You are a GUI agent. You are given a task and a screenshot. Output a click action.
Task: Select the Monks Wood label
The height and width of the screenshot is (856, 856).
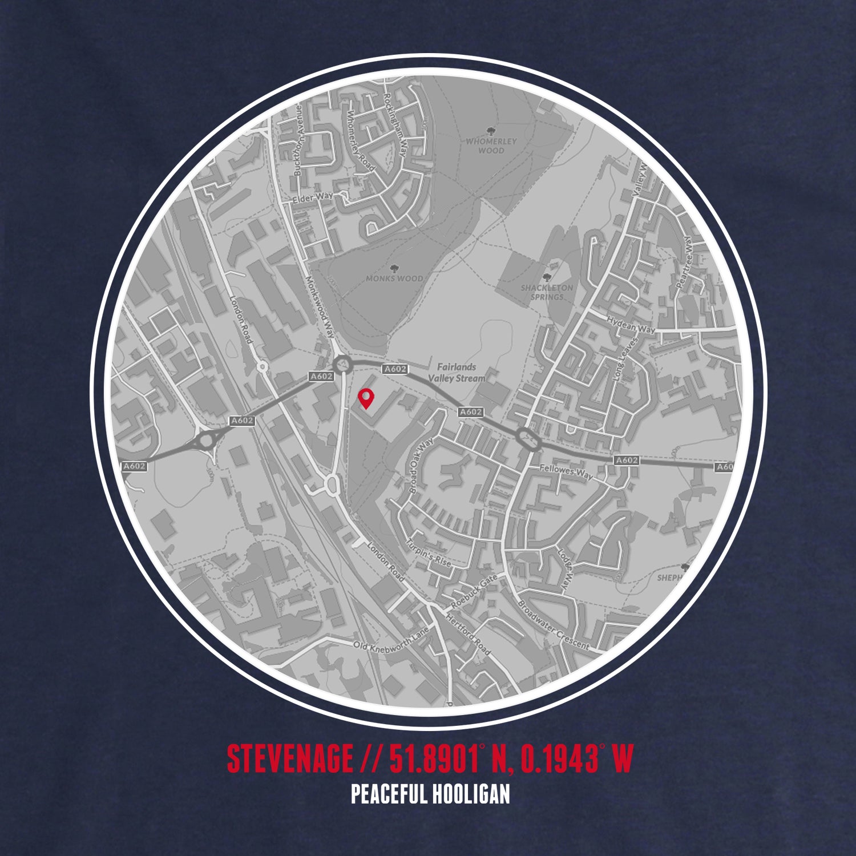pos(402,278)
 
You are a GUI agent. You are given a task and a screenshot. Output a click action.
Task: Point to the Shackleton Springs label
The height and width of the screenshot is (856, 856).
pos(546,292)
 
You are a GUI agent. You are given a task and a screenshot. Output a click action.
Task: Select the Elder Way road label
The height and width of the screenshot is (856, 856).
pos(312,200)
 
